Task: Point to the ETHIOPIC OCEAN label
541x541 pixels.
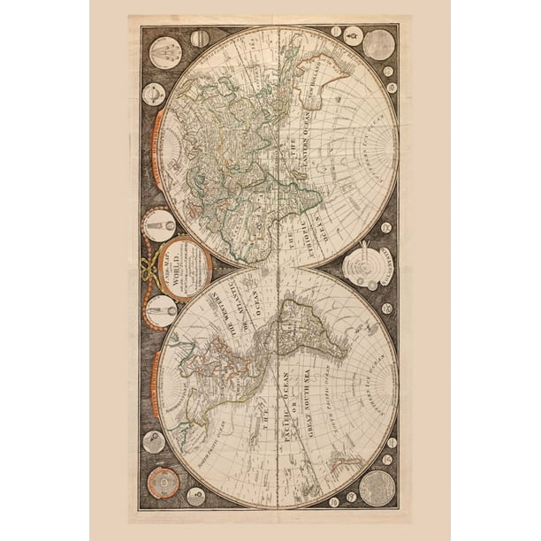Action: click(x=305, y=221)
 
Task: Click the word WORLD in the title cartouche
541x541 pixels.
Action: click(x=182, y=265)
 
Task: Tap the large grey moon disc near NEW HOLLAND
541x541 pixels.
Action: click(x=378, y=44)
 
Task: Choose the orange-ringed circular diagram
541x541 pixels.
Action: click(x=164, y=484)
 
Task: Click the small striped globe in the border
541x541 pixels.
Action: click(x=200, y=38)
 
